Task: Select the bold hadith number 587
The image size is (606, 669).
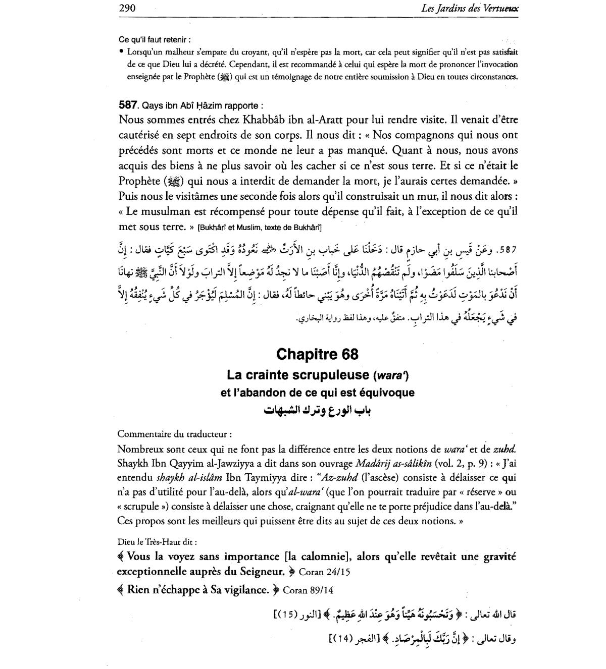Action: click(128, 105)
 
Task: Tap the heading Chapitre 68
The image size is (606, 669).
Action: click(317, 355)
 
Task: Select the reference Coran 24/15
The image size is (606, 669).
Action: click(325, 573)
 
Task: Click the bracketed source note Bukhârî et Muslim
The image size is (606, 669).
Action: click(260, 228)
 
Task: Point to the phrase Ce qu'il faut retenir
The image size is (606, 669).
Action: click(155, 39)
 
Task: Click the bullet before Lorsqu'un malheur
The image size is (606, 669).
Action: click(122, 51)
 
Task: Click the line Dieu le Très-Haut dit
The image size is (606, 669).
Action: click(157, 542)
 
